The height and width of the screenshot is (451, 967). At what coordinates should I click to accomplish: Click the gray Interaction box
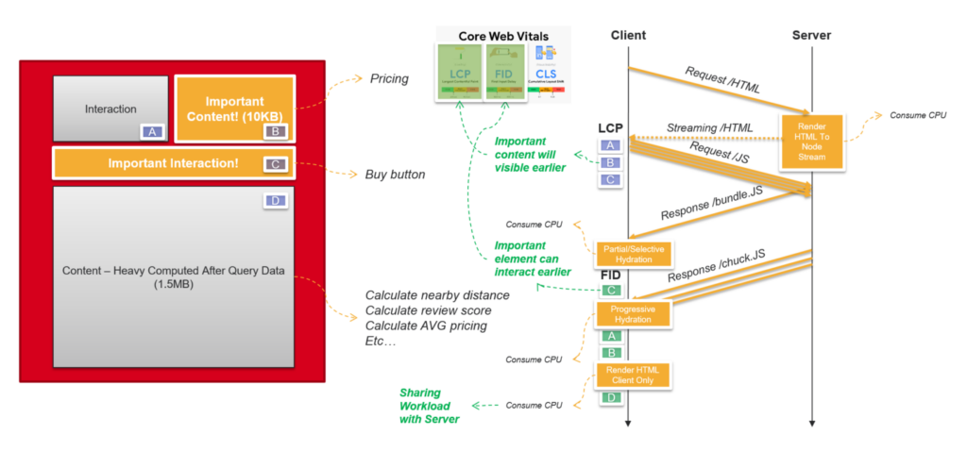point(110,109)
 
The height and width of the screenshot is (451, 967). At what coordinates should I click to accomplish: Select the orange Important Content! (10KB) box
point(234,109)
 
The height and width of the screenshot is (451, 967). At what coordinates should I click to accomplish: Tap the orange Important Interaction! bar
point(173,163)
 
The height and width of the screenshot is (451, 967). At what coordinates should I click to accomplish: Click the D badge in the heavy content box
point(274,201)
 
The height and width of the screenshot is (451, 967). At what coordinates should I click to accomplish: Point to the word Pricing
point(389,78)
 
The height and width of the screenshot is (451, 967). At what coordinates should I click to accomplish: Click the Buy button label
point(394,175)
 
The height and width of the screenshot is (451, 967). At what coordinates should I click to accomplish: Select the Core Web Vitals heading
point(503,36)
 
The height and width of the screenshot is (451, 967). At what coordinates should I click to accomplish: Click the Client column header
point(628,35)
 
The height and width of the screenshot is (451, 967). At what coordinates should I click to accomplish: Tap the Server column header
point(811,35)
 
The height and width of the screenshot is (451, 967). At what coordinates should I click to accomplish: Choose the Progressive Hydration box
point(633,314)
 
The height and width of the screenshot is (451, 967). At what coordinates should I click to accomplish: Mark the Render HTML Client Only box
point(632,375)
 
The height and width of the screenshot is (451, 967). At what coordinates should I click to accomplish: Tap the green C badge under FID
point(610,291)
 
